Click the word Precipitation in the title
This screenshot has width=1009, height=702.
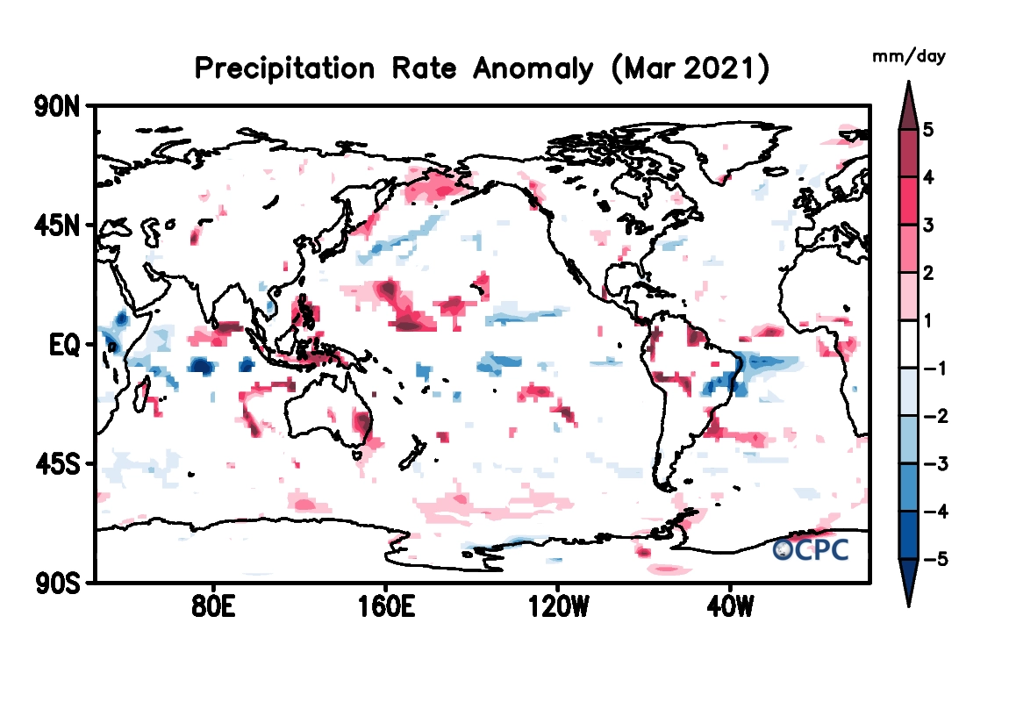point(279,68)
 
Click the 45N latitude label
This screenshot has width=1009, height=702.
point(57,226)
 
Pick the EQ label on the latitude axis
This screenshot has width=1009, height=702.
point(65,344)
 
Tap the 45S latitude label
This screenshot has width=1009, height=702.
point(57,463)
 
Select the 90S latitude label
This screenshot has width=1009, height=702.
point(57,582)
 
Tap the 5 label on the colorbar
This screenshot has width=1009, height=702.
point(928,131)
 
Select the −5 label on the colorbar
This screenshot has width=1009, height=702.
point(935,559)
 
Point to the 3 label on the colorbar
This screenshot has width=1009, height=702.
point(928,226)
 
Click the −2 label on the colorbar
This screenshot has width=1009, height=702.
point(935,416)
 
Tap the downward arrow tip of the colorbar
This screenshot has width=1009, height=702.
point(909,605)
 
